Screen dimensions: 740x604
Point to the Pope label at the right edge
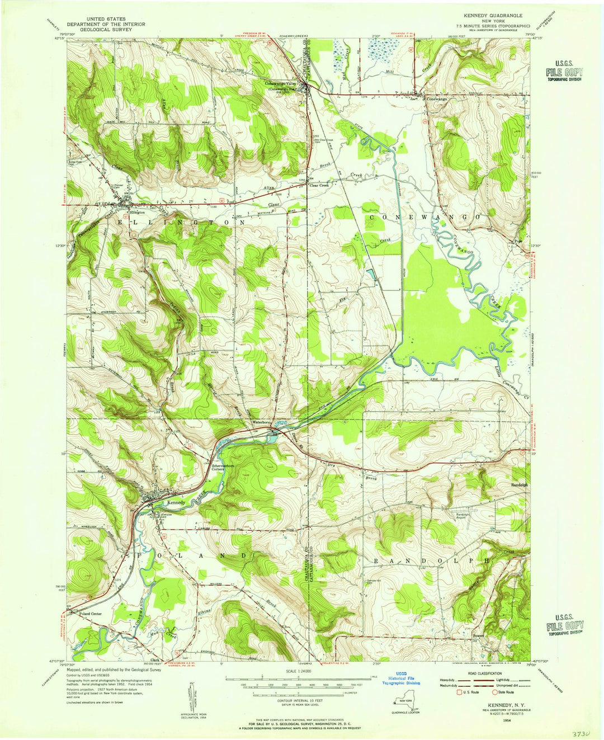[518, 241]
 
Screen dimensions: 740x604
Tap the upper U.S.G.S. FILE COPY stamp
[565, 73]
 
